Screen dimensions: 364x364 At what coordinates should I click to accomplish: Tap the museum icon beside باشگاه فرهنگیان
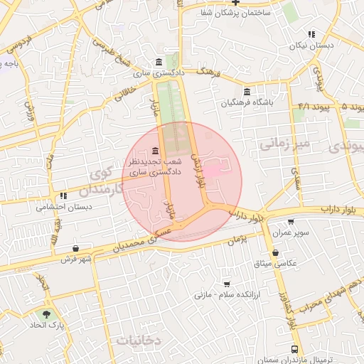click(x=247, y=92)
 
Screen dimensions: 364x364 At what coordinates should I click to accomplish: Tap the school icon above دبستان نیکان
click(x=311, y=34)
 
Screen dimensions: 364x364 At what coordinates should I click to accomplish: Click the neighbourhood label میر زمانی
click(x=284, y=145)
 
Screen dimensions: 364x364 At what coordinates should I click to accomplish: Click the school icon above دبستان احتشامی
click(x=63, y=196)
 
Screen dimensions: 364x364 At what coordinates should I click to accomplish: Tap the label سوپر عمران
click(x=294, y=232)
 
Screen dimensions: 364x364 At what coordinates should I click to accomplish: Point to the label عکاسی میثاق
click(x=279, y=263)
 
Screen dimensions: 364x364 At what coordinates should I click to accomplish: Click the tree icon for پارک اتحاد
click(x=47, y=314)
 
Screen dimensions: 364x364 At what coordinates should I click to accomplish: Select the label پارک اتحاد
click(x=45, y=325)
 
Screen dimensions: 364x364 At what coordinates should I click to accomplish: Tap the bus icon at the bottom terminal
click(x=294, y=349)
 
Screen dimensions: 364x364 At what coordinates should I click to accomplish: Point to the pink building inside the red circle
click(x=213, y=171)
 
